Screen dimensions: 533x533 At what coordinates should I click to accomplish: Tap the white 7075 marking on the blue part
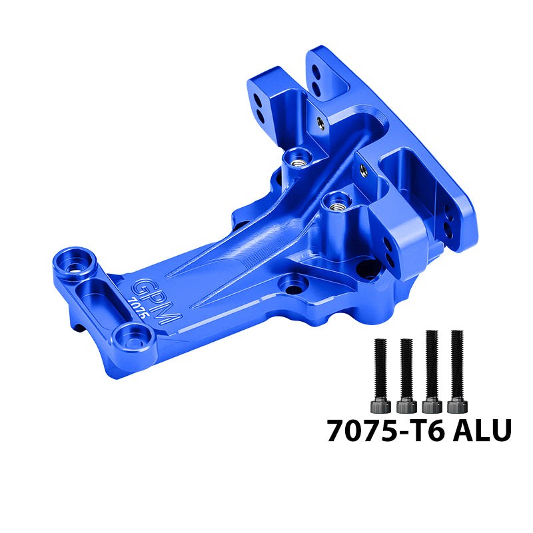click(139, 308)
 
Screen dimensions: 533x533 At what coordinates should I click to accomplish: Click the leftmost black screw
click(380, 375)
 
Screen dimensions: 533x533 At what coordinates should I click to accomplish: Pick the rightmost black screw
click(457, 371)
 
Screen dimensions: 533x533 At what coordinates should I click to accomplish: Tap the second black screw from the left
click(406, 375)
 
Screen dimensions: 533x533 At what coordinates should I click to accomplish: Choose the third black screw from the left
click(432, 371)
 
